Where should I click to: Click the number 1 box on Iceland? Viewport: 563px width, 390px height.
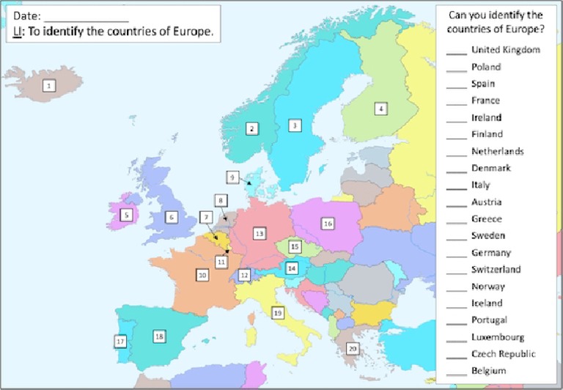(x=49, y=86)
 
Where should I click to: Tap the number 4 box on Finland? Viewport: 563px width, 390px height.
(x=380, y=108)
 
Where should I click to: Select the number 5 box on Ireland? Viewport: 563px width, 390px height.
(x=127, y=215)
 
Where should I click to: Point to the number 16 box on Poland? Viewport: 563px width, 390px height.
(x=328, y=223)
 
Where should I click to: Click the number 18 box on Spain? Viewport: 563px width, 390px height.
(x=159, y=336)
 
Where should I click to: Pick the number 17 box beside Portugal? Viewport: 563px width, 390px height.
(x=120, y=341)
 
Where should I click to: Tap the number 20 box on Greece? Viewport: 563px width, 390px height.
(x=353, y=348)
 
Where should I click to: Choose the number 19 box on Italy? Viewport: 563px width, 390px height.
(x=277, y=312)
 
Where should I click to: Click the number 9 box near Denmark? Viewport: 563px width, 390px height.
(x=232, y=177)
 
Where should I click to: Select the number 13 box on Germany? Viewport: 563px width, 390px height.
(x=259, y=233)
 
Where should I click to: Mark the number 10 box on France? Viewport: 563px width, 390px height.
(x=202, y=275)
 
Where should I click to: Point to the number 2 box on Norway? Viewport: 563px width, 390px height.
(x=251, y=128)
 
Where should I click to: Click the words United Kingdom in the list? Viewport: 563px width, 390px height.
(x=506, y=50)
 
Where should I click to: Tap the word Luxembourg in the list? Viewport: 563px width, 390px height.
(x=498, y=337)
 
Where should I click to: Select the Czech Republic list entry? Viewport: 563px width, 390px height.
(x=503, y=354)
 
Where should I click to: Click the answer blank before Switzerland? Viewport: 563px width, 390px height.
(x=457, y=271)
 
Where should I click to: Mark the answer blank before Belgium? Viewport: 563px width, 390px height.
(x=457, y=372)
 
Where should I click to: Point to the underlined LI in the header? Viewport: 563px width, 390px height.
(x=17, y=32)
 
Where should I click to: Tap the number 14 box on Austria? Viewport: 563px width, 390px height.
(x=292, y=268)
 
